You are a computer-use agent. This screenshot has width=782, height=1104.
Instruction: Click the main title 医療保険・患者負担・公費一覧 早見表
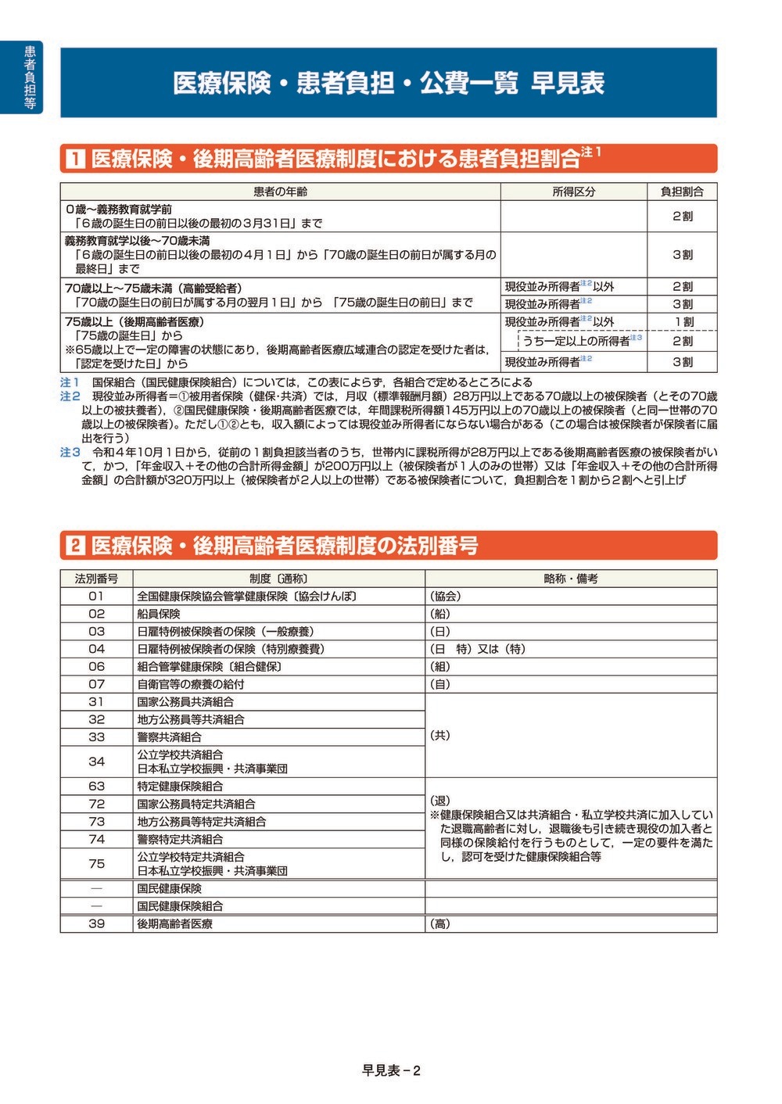[x=389, y=83]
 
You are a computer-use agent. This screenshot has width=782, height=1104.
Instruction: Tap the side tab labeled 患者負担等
[x=30, y=77]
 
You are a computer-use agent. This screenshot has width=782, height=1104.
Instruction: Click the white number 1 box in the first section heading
[x=75, y=159]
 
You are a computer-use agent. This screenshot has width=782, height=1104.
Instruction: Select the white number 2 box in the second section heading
[x=75, y=545]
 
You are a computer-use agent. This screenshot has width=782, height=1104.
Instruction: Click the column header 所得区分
[x=573, y=192]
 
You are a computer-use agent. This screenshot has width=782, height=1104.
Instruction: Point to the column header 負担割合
[x=682, y=192]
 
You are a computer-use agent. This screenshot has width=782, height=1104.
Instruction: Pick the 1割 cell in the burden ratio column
[x=682, y=321]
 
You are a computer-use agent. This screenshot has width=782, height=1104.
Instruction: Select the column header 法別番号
[x=96, y=579]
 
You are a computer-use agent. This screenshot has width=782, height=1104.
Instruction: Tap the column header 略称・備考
[x=571, y=579]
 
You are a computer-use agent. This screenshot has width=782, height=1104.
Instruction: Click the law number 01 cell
[x=96, y=596]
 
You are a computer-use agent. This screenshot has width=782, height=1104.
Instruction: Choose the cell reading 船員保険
[x=159, y=614]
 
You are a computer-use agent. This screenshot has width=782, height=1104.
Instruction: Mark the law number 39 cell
[x=96, y=923]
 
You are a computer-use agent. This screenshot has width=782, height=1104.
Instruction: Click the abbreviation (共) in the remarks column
[x=440, y=736]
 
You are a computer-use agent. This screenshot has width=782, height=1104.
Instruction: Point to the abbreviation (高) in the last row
[x=440, y=923]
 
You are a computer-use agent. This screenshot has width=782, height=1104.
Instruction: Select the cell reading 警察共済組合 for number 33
[x=170, y=737]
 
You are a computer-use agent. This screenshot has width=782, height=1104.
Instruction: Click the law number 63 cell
[x=96, y=786]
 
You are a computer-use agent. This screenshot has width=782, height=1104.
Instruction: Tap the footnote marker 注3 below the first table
[x=70, y=452]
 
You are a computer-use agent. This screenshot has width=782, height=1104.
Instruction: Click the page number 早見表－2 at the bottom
[x=391, y=1070]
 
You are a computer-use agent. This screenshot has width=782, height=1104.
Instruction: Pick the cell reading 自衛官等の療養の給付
[x=191, y=684]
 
